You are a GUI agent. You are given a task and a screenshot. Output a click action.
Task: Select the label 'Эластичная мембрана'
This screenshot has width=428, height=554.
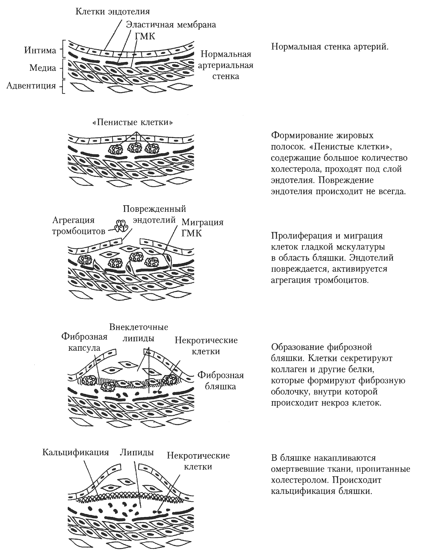(x=171, y=25)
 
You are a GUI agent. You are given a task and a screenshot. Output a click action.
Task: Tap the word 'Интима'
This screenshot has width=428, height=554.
(x=40, y=50)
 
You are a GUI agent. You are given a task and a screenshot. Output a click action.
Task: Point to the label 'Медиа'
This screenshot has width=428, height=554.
(x=43, y=68)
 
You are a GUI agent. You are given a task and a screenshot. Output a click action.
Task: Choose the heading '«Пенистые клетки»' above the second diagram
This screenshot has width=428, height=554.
(x=133, y=122)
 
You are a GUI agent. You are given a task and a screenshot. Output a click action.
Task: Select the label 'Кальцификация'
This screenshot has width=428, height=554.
(x=75, y=452)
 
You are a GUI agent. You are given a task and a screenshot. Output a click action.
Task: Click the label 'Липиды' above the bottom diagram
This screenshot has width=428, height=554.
(x=137, y=452)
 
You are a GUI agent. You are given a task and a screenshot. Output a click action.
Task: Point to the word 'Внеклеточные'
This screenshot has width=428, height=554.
(x=138, y=327)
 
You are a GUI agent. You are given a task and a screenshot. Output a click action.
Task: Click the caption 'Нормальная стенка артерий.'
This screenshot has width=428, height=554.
(x=329, y=47)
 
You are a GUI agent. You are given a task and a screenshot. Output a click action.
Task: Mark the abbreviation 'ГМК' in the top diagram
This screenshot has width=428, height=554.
(x=145, y=37)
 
